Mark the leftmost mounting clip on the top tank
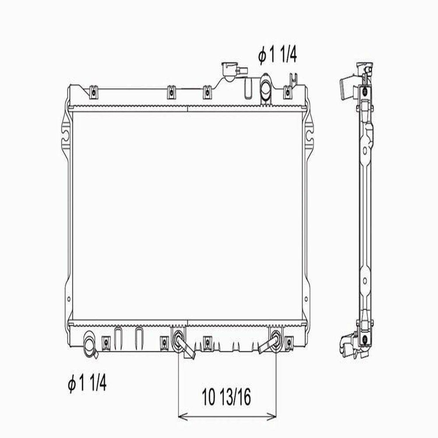pyautogui.click(x=92, y=92)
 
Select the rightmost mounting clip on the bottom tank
pyautogui.click(x=289, y=341)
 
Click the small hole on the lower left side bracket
pyautogui.click(x=68, y=300)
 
